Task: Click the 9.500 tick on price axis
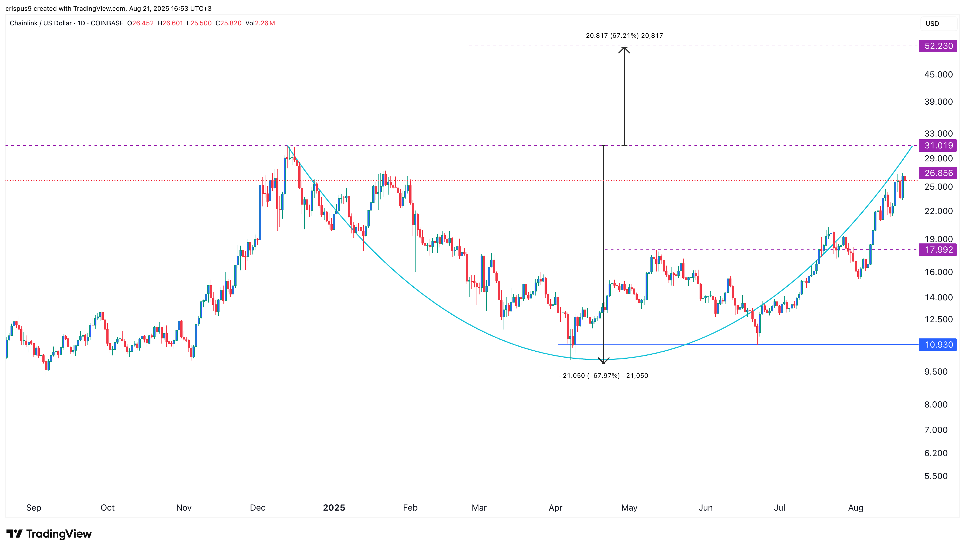tap(936, 372)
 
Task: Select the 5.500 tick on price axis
tap(936, 476)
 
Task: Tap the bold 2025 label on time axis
tap(334, 508)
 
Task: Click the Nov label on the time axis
tap(184, 508)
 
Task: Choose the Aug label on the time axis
tap(855, 508)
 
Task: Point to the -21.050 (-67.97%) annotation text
tap(603, 375)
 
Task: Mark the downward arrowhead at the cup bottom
tap(603, 361)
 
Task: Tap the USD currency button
tap(932, 23)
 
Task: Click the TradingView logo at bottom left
tap(49, 534)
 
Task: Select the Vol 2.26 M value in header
tap(260, 23)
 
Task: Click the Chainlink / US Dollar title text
tap(41, 23)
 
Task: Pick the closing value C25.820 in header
tap(228, 23)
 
